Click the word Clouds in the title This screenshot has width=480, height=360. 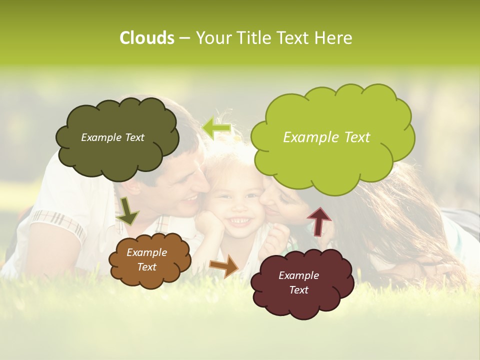tap(147, 38)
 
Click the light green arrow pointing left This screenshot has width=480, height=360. tap(216, 127)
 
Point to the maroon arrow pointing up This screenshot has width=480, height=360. tap(318, 220)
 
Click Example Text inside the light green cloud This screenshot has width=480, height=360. tap(326, 137)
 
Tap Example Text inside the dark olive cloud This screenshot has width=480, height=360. tap(112, 137)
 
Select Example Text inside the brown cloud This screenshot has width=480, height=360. tap(146, 260)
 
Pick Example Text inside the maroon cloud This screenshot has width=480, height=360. tap(298, 283)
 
